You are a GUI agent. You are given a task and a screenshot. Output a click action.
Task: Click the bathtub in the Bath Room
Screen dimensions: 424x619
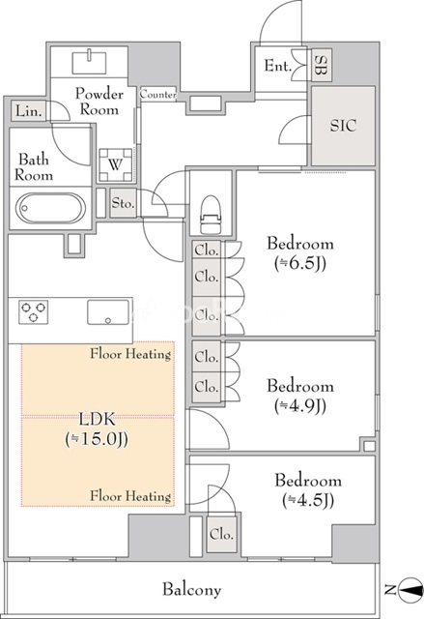[x=50, y=208]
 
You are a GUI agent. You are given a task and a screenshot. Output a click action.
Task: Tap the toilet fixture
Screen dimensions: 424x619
[x=210, y=214]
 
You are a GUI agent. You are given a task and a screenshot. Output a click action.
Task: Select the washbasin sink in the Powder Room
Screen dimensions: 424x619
[x=90, y=62]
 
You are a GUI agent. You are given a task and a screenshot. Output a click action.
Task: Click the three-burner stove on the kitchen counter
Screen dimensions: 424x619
[x=34, y=311]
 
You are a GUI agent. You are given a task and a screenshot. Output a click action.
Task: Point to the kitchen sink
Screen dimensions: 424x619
[x=108, y=311]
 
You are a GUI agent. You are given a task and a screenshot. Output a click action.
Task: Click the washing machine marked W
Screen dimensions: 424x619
[x=115, y=164]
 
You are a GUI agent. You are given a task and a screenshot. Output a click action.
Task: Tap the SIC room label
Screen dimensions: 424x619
[x=343, y=126]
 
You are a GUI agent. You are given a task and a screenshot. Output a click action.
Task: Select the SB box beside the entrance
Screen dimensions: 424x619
[x=322, y=65]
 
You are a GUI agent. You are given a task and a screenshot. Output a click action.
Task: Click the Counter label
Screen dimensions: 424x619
[x=158, y=95]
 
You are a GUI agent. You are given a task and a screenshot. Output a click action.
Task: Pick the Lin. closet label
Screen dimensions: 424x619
[x=29, y=111]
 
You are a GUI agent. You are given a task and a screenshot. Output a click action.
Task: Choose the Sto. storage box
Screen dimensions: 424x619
[x=124, y=202]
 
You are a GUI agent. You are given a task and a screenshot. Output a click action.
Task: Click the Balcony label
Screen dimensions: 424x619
[x=192, y=590]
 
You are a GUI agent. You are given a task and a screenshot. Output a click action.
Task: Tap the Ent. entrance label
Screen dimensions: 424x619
[x=277, y=66]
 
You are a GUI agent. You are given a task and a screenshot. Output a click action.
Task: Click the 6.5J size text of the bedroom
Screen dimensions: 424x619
[x=300, y=264]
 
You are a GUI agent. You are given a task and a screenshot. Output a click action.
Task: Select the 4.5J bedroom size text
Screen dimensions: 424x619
[x=308, y=501]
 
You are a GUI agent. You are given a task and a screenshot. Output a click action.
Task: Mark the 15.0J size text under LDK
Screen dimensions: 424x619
[x=97, y=439]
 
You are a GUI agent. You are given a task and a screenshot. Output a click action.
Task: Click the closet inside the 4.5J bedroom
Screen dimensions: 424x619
[x=222, y=534]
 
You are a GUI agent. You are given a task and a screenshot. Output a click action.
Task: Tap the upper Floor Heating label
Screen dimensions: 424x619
[x=130, y=354]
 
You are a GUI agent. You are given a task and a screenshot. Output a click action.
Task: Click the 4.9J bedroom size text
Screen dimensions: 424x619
[x=300, y=406]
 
